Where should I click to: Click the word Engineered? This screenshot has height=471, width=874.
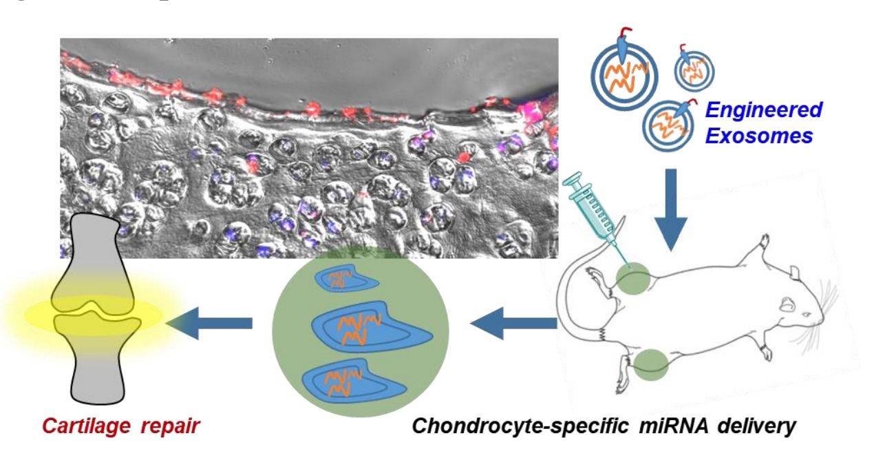coord(764,110)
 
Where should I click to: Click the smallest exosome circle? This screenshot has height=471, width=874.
coord(694,69)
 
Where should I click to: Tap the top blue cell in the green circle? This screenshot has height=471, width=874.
coord(344,280)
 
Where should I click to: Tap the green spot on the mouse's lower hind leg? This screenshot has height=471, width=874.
coord(650,365)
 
